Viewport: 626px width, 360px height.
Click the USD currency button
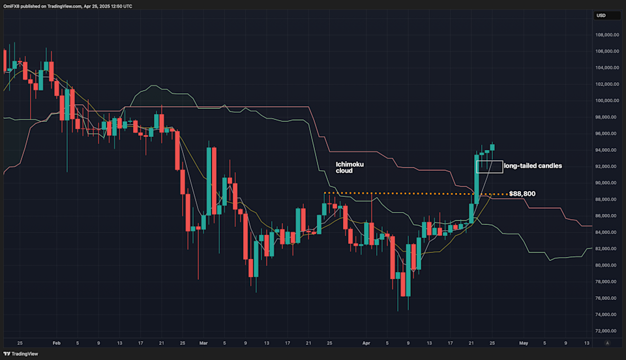pos(601,16)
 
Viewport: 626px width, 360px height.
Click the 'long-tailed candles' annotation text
pos(533,166)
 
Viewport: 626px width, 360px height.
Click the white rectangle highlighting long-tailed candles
pos(489,167)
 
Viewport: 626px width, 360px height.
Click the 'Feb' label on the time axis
pos(55,342)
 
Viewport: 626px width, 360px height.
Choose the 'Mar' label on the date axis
pos(202,342)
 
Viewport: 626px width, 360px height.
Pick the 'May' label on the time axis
pos(522,342)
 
